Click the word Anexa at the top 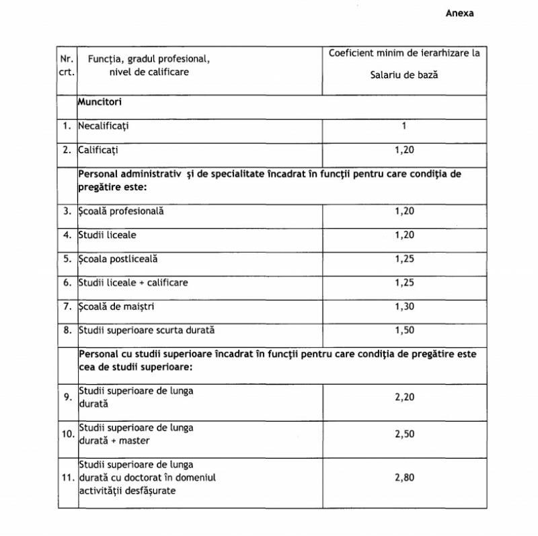tap(459, 13)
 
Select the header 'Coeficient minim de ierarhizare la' tap(404, 53)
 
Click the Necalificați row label tap(103, 126)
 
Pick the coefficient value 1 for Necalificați tap(404, 126)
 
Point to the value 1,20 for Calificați tap(404, 150)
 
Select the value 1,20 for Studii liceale tap(404, 235)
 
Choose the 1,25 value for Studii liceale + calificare tap(404, 282)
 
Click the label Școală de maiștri tap(116, 307)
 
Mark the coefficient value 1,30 tap(404, 307)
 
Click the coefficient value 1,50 tap(404, 330)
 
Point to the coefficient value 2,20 tap(404, 397)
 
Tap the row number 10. tap(68, 434)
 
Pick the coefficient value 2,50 tap(404, 434)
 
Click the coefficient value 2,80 tap(404, 477)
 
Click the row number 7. tap(67, 307)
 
